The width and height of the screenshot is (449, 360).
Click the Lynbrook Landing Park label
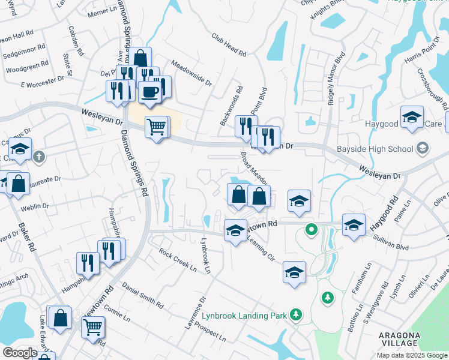point(255,314)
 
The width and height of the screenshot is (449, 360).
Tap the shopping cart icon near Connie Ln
point(92,328)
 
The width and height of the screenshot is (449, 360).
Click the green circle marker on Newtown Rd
point(311,229)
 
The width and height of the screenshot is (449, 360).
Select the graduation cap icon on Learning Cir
point(294,272)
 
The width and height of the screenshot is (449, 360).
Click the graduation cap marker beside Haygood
point(412,117)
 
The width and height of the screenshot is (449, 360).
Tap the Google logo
point(20,352)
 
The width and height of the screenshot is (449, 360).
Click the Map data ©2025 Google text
point(411,355)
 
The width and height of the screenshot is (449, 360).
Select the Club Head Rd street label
point(229,44)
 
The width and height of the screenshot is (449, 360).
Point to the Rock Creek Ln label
point(178,260)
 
